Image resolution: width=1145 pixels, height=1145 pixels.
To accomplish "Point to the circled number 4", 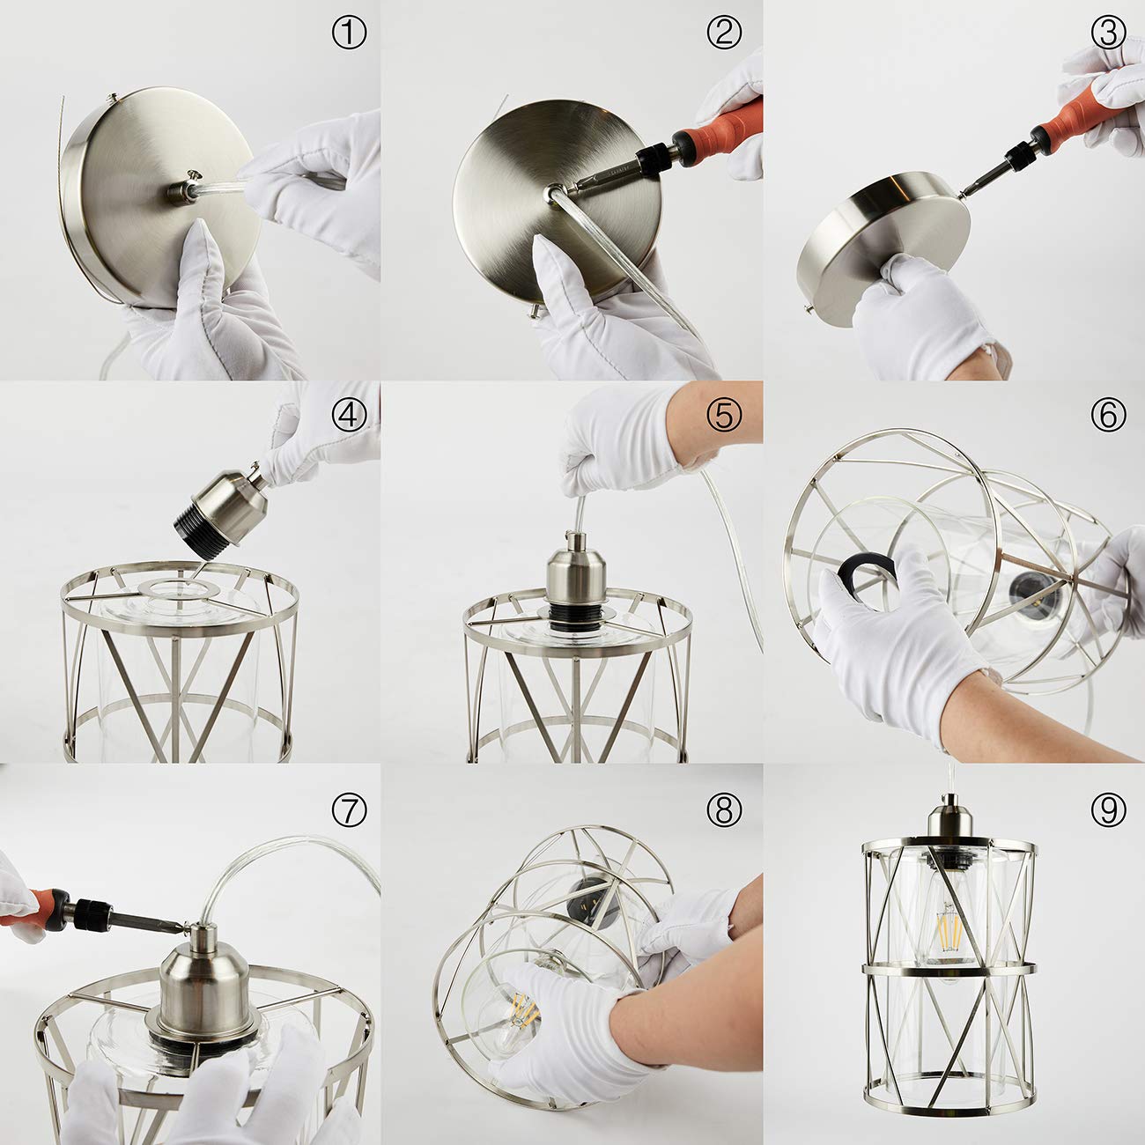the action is (349, 415).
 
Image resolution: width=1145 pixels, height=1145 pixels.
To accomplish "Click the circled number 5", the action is (724, 415).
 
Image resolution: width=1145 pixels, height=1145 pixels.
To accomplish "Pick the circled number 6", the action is (1109, 415).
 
